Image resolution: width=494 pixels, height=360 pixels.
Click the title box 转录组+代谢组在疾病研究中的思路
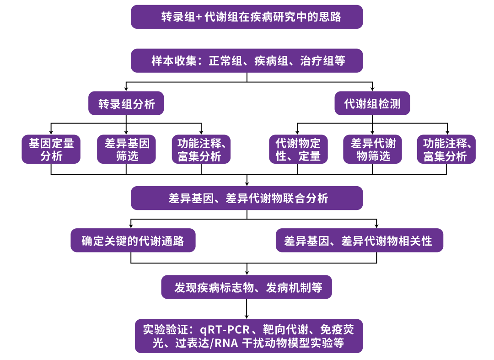247,17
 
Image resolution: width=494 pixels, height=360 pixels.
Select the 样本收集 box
247,60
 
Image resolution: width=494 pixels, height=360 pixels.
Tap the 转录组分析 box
126,104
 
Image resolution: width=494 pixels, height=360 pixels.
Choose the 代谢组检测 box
372,104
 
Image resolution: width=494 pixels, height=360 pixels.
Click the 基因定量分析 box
51,149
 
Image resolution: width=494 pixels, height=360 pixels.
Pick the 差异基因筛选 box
126,149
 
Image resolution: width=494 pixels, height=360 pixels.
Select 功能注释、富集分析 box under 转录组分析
201,149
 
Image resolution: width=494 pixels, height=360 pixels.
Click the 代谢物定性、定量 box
298,149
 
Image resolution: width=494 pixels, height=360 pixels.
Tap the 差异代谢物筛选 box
372,149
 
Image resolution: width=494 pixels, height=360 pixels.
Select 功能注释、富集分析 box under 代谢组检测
446,149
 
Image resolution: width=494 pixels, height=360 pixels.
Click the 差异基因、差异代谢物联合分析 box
247,198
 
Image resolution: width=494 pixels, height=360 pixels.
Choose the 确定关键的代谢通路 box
133,240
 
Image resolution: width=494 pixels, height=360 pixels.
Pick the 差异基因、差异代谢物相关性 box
359,240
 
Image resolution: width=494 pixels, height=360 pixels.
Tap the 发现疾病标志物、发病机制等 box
247,287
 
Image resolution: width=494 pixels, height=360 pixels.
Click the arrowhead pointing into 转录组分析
126,89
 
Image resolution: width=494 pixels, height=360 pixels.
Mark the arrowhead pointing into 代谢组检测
372,89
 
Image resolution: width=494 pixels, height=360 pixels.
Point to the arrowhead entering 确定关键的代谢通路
131,226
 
